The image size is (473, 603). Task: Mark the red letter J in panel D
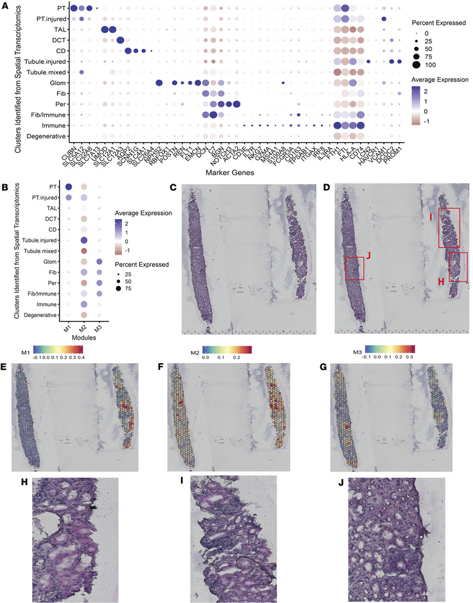pyautogui.click(x=370, y=255)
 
